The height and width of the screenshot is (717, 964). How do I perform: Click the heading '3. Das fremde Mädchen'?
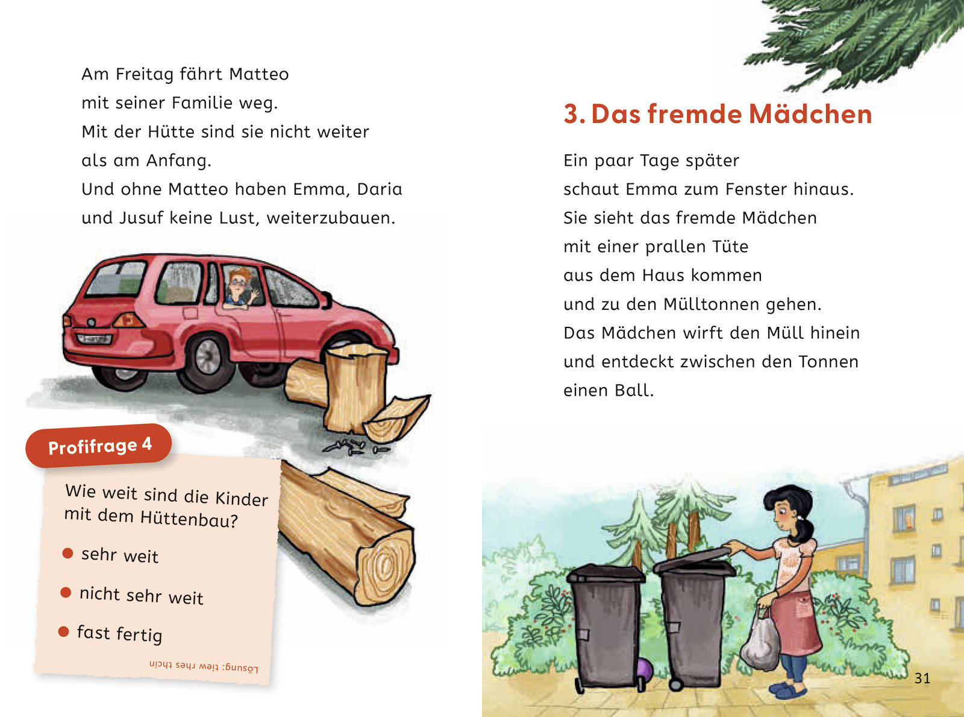[717, 114]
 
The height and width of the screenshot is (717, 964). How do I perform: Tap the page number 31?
[922, 678]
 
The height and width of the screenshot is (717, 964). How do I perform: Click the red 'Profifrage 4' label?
[99, 446]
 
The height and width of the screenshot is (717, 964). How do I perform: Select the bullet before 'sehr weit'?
[67, 553]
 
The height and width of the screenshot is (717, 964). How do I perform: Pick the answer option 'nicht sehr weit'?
[141, 595]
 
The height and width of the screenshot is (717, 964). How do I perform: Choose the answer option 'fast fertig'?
[119, 633]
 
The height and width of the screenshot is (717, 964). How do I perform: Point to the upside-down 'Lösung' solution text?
[204, 666]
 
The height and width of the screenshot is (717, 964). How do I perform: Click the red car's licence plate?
[95, 339]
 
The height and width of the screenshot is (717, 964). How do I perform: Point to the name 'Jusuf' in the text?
[141, 218]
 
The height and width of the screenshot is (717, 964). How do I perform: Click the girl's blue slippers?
[789, 689]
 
